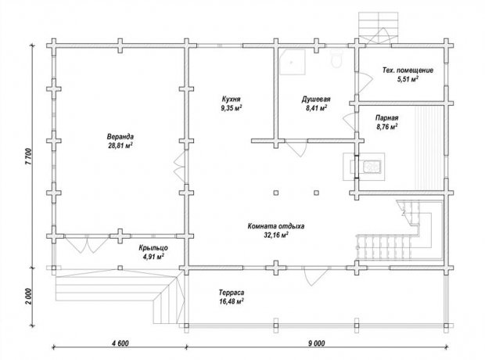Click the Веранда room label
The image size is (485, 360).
point(120,136)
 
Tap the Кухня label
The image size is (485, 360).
point(231,99)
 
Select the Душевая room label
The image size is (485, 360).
point(316,99)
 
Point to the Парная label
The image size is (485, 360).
point(387,118)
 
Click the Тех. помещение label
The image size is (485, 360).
point(408,70)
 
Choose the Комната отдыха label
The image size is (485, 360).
point(276,226)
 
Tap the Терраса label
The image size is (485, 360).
point(232,293)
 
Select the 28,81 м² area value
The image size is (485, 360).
point(120,146)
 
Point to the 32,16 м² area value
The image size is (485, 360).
point(276,236)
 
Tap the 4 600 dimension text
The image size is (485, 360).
point(120,344)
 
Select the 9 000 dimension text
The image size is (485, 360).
point(317,344)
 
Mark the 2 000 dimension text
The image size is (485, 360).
point(28,297)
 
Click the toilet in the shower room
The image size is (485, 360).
point(336,59)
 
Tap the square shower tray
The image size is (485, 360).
point(293,62)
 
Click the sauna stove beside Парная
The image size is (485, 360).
point(364,166)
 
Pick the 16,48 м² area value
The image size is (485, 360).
point(232,301)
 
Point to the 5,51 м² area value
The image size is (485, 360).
point(408,79)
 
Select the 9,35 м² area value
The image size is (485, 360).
point(231,108)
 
